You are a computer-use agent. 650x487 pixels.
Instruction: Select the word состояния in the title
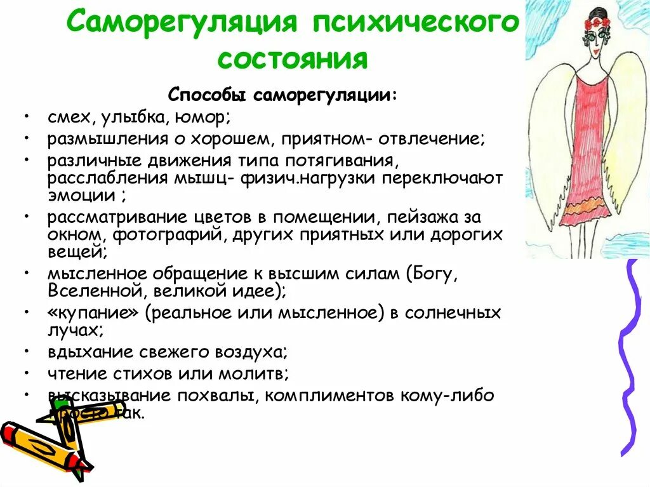tap(293, 59)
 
